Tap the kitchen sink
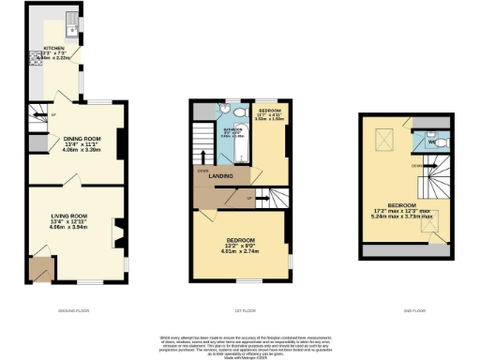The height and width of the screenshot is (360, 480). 72,22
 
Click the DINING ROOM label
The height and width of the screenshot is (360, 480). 82,140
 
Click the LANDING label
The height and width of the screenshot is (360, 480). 221,175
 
